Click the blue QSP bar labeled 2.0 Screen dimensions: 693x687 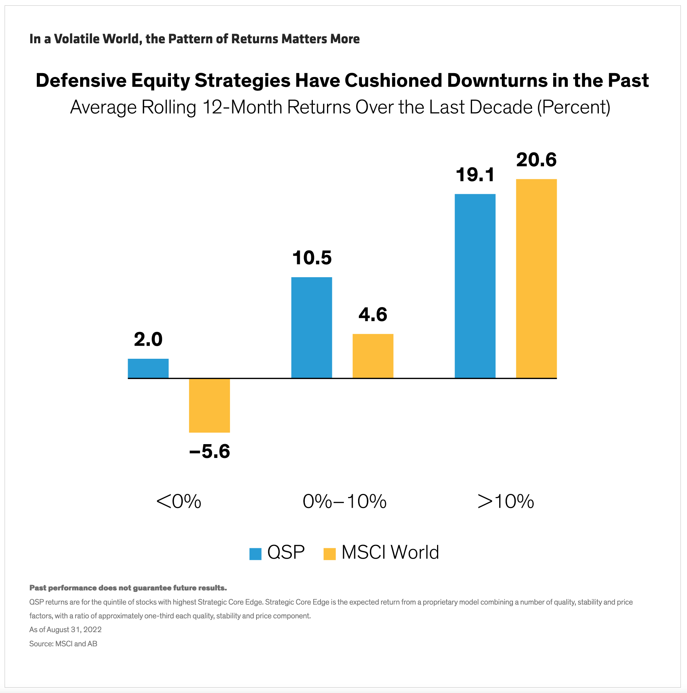(148, 368)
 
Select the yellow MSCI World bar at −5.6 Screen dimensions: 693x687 (209, 405)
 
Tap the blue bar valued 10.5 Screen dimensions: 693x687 (311, 327)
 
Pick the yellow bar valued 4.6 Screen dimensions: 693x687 (373, 356)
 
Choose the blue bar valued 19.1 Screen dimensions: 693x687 (475, 286)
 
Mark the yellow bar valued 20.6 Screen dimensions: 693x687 (536, 278)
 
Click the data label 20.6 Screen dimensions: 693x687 (536, 160)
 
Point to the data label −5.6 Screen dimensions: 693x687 (209, 451)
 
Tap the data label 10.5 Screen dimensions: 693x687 (312, 258)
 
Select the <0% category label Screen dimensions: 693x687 (179, 501)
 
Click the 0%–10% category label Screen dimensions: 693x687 (344, 501)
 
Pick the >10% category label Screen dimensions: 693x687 (506, 501)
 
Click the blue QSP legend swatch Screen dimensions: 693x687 (255, 554)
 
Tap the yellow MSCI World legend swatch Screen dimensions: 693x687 (329, 554)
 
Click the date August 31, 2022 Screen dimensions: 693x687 (74, 629)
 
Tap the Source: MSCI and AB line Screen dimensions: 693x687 (63, 644)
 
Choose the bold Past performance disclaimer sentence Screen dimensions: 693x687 (128, 588)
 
